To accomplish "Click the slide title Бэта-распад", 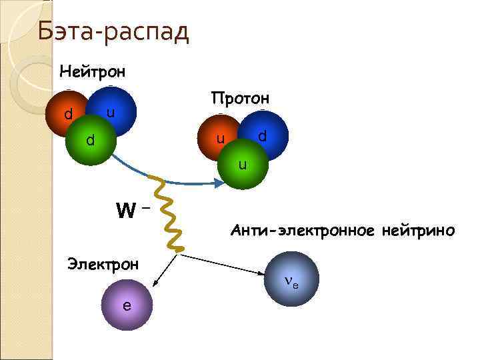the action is (113, 31).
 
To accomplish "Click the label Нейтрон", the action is (92, 70).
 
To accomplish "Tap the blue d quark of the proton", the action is (264, 133).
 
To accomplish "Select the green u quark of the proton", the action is (243, 163).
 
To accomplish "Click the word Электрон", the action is (103, 264).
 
